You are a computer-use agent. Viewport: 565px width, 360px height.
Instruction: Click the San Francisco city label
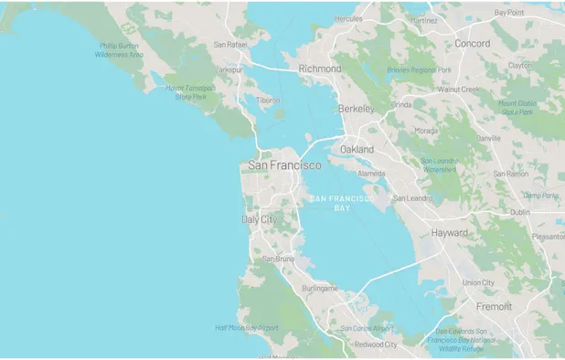(284, 165)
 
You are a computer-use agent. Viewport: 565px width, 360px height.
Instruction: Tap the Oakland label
(357, 148)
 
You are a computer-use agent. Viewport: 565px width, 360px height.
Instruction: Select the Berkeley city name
(357, 109)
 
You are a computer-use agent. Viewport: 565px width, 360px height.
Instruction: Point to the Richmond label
(320, 69)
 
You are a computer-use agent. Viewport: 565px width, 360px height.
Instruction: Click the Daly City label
(258, 219)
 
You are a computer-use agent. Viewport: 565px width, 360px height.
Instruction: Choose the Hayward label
(450, 233)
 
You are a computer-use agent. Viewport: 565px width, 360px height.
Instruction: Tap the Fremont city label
(495, 306)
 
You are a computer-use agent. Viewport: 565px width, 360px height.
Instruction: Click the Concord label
(473, 43)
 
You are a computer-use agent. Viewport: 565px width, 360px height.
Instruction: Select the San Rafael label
(230, 44)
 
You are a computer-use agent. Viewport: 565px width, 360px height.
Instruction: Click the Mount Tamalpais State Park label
(188, 91)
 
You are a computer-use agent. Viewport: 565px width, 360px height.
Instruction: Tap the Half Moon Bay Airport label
(246, 327)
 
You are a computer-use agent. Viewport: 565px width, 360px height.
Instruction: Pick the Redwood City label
(376, 344)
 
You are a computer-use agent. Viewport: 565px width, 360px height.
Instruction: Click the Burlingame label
(319, 288)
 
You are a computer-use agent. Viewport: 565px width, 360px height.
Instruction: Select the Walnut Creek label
(459, 90)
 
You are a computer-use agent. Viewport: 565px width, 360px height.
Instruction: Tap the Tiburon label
(268, 101)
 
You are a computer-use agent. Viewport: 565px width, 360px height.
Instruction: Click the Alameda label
(371, 173)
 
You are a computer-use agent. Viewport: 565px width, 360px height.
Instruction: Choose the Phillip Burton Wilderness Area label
(119, 49)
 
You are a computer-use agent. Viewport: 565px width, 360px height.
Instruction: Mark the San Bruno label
(278, 259)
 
